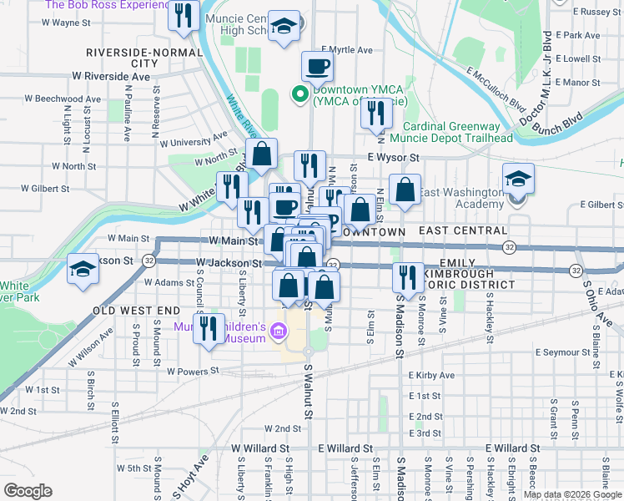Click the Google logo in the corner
coord(28,491)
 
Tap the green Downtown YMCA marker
coord(298,94)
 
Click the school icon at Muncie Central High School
coord(284,27)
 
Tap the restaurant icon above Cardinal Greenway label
coord(375,112)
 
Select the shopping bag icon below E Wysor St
coord(405,189)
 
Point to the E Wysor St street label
coord(392,157)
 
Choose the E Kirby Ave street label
coord(431,376)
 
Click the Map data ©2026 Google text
coord(572,494)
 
